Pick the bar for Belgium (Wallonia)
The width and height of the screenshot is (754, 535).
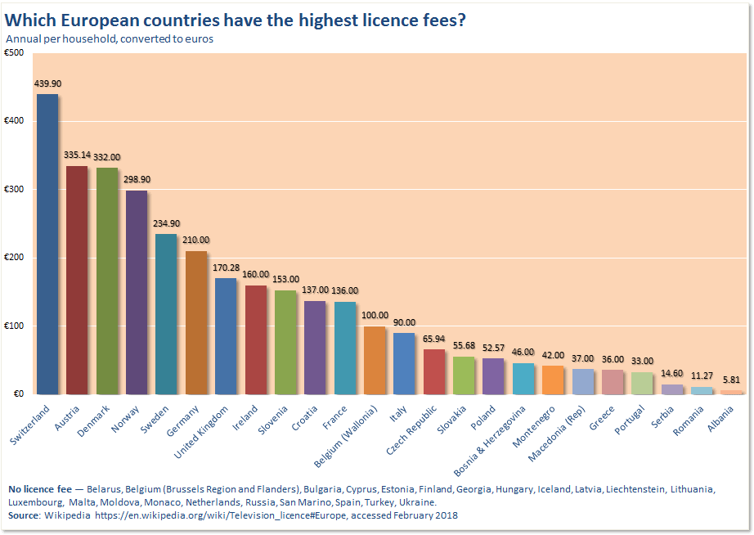tap(375, 360)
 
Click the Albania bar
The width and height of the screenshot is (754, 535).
tap(732, 392)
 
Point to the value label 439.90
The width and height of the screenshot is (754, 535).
tap(47, 83)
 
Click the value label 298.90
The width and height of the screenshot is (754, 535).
tap(137, 179)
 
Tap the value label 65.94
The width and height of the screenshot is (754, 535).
tap(434, 338)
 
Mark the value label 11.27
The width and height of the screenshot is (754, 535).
tap(702, 375)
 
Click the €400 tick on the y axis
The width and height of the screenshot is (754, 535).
tap(14, 121)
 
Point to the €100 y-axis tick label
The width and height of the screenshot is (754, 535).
tap(14, 326)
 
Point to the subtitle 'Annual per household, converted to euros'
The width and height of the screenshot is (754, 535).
tap(110, 39)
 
